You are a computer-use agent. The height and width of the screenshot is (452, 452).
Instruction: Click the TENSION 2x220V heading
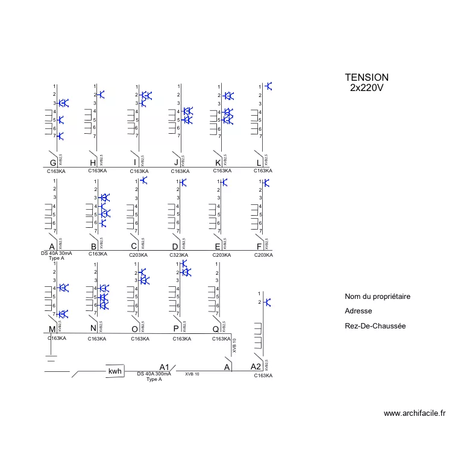(366, 83)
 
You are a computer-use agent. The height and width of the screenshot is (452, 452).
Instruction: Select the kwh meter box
(115, 371)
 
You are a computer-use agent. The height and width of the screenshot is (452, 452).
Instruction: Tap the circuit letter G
(53, 162)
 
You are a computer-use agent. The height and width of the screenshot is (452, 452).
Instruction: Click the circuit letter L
(259, 162)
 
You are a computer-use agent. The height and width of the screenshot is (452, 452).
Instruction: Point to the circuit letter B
(93, 246)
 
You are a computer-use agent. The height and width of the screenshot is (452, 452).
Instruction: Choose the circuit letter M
(52, 329)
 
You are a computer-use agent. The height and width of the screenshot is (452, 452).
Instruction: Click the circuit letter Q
(216, 329)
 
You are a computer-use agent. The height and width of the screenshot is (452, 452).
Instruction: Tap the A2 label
(256, 366)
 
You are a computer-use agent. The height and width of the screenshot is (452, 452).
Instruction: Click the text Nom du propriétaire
(377, 297)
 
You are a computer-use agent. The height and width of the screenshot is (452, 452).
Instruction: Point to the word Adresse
(358, 311)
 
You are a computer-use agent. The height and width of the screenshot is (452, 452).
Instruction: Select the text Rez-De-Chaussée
(375, 325)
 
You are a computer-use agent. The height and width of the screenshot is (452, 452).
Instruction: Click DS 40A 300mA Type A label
(154, 377)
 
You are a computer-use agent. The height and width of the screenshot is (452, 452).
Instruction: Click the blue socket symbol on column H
(102, 95)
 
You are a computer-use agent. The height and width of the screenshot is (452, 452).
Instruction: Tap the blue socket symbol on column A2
(268, 302)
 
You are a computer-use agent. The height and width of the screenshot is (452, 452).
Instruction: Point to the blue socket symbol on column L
(268, 86)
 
